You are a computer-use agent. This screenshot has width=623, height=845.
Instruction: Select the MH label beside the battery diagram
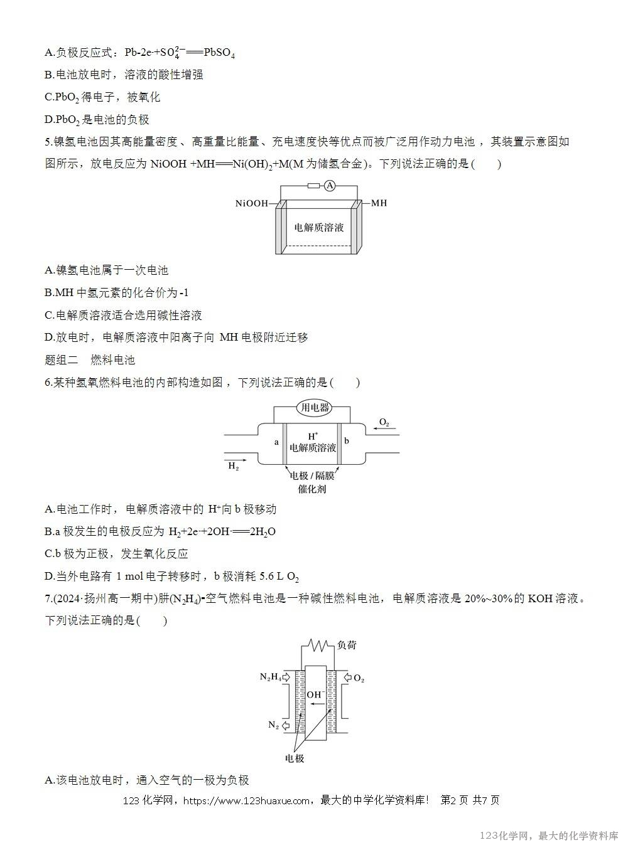379,203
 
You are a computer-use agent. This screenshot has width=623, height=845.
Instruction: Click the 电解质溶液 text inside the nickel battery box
319,227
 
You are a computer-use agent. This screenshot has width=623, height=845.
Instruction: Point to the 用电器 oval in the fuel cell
315,408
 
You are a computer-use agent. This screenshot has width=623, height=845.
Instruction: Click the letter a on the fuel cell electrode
276,442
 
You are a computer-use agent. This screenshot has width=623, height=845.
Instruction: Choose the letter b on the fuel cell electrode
347,441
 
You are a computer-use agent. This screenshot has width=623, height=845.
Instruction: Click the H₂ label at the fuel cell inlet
233,467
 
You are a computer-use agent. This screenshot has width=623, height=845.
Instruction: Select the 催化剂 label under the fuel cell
312,489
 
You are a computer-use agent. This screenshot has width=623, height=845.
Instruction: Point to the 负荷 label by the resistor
347,645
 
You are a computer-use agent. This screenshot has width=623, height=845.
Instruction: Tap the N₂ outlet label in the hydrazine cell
273,725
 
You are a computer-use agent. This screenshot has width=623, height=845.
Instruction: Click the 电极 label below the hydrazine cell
295,758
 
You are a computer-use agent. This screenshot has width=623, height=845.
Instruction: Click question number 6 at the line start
48,383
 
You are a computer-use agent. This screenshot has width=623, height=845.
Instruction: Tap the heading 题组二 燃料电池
90,360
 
